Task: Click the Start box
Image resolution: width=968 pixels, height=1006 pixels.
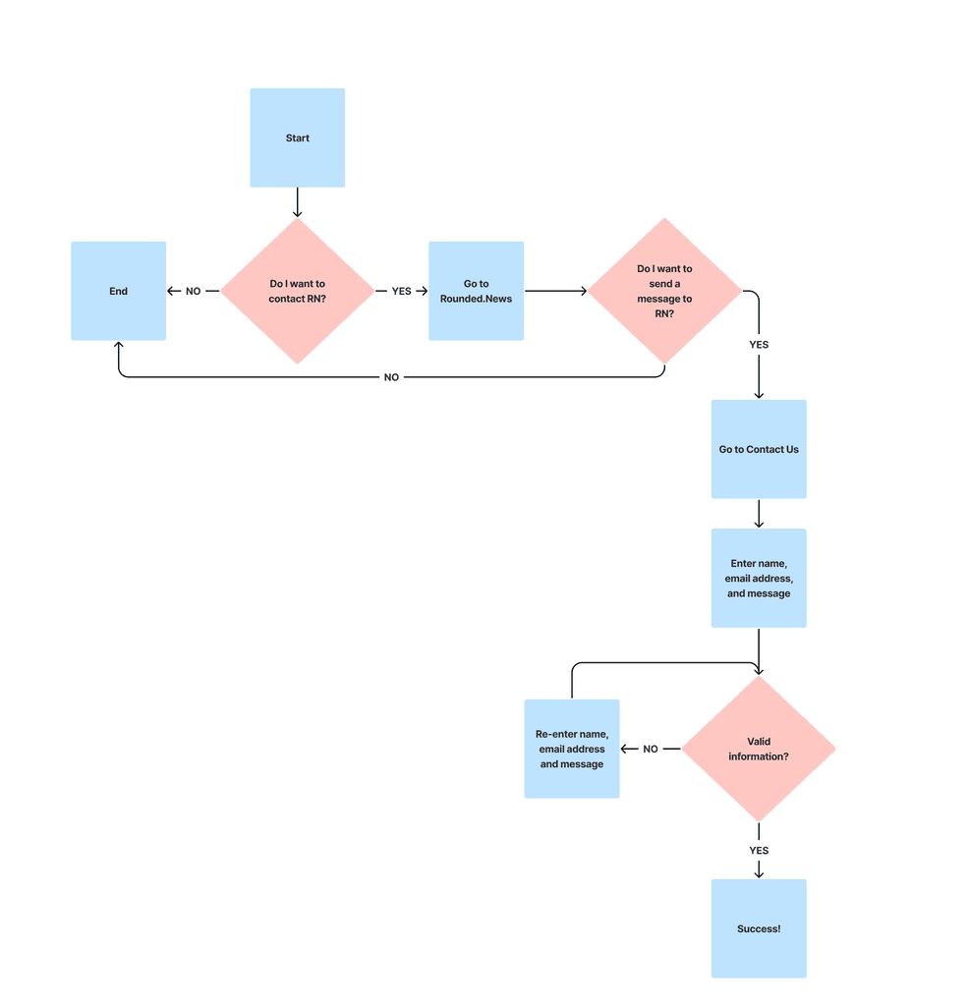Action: tap(297, 138)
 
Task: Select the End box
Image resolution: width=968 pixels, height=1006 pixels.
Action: tap(119, 291)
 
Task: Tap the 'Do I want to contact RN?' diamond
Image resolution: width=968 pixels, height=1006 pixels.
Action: tap(297, 291)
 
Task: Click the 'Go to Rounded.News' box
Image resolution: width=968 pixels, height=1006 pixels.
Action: tap(477, 291)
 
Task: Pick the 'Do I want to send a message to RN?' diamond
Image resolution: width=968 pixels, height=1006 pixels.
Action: tap(664, 291)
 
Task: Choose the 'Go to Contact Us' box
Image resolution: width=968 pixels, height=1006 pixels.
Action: tap(759, 449)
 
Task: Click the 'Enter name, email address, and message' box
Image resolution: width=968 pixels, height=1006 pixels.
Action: tap(759, 578)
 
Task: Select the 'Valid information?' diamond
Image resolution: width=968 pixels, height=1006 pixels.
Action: tap(759, 749)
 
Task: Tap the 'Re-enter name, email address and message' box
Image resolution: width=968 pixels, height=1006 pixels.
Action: tap(572, 749)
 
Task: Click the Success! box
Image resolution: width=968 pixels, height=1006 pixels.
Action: tap(759, 928)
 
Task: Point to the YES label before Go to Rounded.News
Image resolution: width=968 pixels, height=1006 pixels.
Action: tap(402, 291)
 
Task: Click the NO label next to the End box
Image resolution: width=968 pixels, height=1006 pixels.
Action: tap(194, 291)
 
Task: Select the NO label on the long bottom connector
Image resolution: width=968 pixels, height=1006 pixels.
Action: tap(391, 377)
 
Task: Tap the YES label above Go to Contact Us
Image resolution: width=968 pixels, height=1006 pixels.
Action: tap(759, 345)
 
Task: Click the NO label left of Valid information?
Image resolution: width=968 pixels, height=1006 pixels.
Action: tap(651, 749)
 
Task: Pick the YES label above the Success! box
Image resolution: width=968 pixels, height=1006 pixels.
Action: tap(759, 850)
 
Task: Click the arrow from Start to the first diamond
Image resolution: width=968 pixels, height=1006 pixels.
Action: tap(297, 202)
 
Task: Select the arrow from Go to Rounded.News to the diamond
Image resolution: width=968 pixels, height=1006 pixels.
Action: tap(556, 291)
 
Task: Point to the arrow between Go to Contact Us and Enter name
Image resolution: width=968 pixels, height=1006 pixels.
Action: tap(759, 514)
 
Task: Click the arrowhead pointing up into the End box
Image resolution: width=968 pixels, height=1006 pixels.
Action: tap(119, 345)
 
